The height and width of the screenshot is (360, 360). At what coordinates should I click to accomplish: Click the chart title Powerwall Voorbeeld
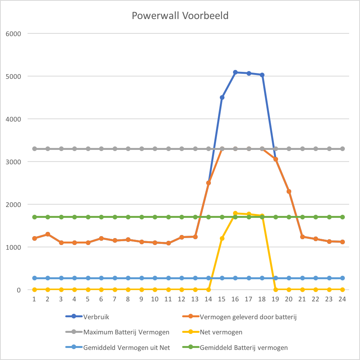[x=180, y=16]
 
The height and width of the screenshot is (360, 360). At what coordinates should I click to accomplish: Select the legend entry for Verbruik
[x=96, y=317]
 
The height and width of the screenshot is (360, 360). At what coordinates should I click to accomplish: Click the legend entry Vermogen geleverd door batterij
[x=248, y=317]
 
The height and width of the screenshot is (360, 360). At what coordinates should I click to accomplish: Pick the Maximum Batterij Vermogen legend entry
[x=126, y=332]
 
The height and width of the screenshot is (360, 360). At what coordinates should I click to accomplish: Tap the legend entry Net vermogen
[x=220, y=332]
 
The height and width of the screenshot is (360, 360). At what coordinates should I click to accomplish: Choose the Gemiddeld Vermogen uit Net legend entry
[x=127, y=348]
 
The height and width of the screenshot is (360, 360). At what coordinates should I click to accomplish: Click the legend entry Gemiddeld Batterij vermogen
[x=244, y=348]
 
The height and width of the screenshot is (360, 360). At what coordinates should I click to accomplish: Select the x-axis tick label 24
[x=342, y=299]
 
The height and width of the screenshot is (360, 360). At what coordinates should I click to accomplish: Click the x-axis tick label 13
[x=195, y=299]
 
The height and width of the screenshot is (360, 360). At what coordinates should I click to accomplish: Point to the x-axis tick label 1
[x=34, y=299]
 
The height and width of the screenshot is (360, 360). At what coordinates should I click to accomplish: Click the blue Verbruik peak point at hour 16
[x=235, y=72]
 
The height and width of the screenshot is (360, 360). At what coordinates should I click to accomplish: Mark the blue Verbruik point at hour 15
[x=222, y=97]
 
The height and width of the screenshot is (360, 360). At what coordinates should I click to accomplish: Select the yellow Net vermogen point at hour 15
[x=222, y=238]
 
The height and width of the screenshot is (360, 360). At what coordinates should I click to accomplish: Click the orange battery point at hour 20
[x=289, y=191]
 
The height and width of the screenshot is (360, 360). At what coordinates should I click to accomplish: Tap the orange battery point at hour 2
[x=48, y=234]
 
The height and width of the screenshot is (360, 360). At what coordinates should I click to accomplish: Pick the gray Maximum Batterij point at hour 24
[x=343, y=149]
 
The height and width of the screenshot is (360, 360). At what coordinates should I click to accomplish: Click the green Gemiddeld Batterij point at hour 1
[x=34, y=217]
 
